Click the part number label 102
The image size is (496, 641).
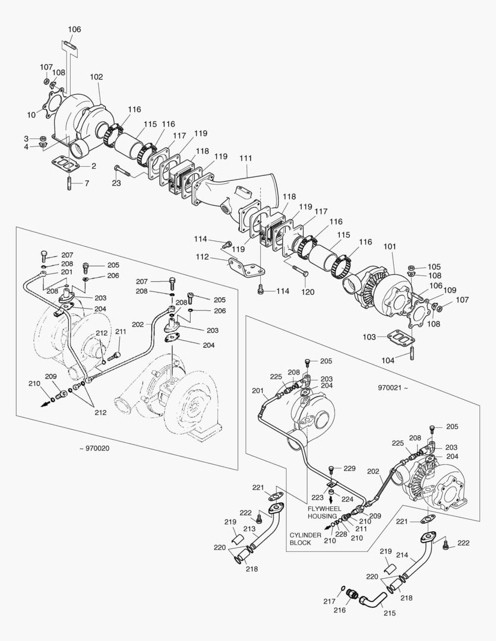(96, 77)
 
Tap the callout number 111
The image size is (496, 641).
(246, 158)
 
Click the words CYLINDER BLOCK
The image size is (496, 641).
(305, 539)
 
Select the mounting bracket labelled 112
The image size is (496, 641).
(244, 268)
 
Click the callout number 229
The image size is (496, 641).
(349, 469)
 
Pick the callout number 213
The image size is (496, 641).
(249, 528)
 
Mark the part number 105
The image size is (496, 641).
(434, 266)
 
